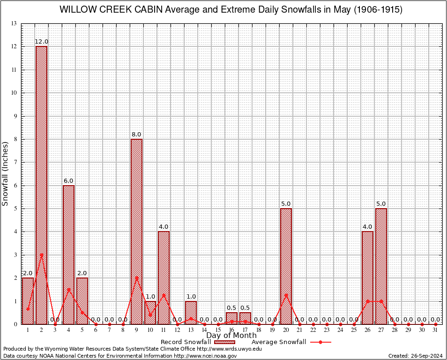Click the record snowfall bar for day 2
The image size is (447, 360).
pos(42,185)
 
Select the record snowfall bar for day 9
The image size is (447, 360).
pos(136,231)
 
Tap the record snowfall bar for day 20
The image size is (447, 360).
pos(286,266)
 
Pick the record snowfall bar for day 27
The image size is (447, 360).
pos(381,266)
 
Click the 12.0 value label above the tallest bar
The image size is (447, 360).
pos(42,42)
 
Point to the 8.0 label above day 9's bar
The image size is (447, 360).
pos(136,135)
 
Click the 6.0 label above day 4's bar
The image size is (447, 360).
pos(68,181)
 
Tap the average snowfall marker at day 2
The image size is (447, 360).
pos(42,255)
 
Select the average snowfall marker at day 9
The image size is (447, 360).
pos(136,277)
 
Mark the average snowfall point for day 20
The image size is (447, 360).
pos(286,295)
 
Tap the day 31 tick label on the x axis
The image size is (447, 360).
pos(435,330)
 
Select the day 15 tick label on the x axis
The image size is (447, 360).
pos(218,330)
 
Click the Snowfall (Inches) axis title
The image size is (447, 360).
pos(6,173)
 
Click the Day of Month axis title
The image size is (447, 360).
pos(231,335)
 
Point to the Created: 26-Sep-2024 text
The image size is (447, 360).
pos(415,356)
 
